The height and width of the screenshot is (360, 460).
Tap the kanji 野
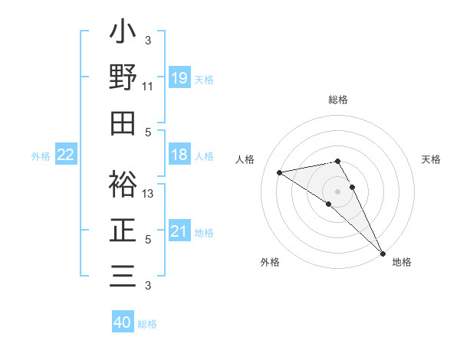tap(123, 77)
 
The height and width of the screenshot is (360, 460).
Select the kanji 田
tap(123, 123)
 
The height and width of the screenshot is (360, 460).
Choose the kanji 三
tap(123, 275)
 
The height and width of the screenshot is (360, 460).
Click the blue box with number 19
tap(179, 77)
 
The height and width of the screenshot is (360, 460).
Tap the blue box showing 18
tap(179, 155)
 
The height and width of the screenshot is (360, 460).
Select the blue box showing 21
tap(179, 231)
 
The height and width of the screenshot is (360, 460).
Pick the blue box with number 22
tap(66, 155)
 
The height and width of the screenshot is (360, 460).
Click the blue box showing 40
tap(123, 322)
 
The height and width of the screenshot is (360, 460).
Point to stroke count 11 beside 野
tap(147, 87)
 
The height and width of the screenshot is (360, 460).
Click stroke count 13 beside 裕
tap(148, 194)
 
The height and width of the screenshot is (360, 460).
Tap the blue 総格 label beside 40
tap(147, 324)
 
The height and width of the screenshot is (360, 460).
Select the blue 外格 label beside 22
tap(41, 156)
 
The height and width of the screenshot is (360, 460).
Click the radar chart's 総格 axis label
tap(338, 100)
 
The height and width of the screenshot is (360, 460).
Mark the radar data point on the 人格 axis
tap(280, 172)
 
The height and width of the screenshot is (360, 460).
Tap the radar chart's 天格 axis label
tap(432, 159)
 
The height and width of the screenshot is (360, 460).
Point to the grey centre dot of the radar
tap(338, 191)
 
